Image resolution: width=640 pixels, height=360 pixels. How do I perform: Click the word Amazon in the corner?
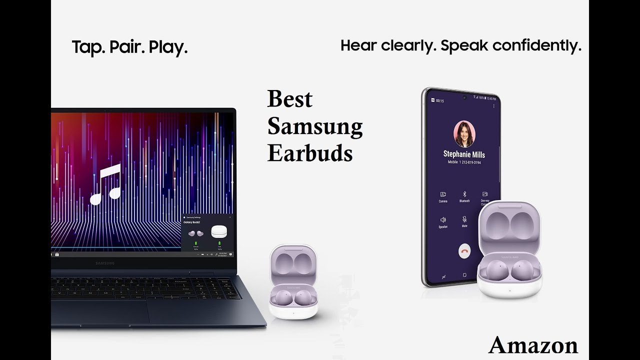tap(533, 345)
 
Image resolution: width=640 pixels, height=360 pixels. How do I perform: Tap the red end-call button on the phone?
tap(465, 251)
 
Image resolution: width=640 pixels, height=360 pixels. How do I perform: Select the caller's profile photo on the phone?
tap(464, 133)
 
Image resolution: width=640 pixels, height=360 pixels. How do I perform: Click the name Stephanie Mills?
tap(464, 154)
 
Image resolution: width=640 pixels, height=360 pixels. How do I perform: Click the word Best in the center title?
tap(289, 99)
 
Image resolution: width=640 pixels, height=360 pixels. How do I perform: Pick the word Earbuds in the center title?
tap(310, 153)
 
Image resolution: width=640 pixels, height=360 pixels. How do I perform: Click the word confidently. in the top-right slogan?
tap(537, 46)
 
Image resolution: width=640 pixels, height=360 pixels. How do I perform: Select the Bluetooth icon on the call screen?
tap(464, 194)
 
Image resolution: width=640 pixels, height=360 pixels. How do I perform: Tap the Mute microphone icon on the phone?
tap(464, 220)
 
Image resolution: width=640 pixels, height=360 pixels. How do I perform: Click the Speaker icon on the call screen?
tap(443, 220)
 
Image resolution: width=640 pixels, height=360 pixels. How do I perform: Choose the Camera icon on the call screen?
tap(443, 194)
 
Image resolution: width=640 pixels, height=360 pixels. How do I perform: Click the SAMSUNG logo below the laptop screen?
tap(105, 263)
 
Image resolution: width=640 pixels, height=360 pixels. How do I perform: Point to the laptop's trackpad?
tap(100, 312)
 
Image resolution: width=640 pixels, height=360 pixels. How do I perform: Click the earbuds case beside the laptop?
tap(293, 282)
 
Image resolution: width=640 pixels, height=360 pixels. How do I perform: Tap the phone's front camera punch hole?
tap(464, 97)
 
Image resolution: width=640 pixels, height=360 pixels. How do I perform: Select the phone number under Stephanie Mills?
tap(464, 162)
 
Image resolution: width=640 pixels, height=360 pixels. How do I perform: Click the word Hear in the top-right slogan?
tap(358, 46)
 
